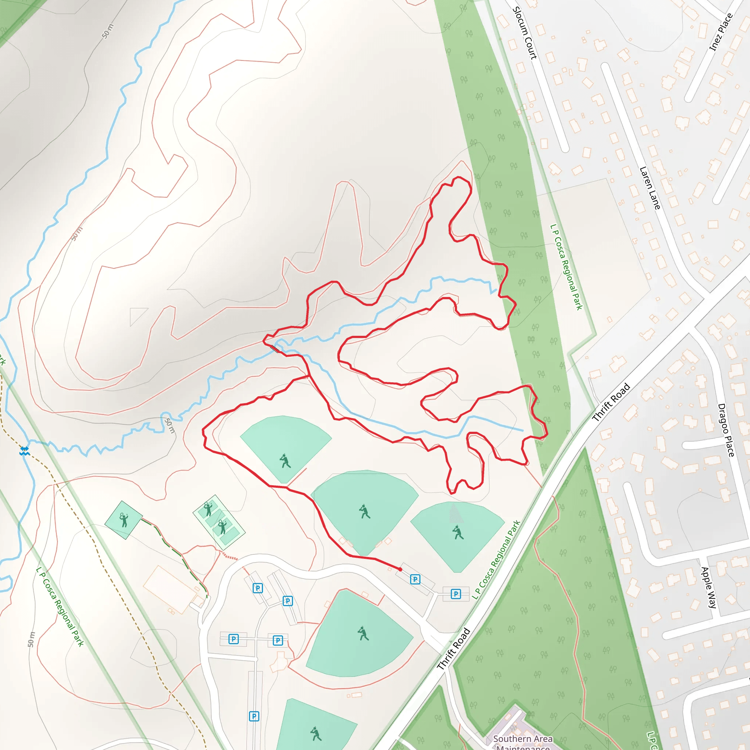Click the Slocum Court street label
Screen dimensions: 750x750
pos(524,33)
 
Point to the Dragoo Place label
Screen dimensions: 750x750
pos(726,430)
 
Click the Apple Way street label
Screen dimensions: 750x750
pos(709,587)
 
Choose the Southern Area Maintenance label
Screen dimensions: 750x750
pos(523,742)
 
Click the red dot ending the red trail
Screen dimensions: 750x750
pos(400,569)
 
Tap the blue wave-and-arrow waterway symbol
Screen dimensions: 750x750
pos(25,451)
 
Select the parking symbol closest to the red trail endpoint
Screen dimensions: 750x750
pos(415,580)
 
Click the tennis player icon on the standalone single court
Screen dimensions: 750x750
pos(123,520)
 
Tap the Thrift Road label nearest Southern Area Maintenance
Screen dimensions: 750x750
pos(453,649)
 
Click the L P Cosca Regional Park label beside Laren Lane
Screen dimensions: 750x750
pos(567,267)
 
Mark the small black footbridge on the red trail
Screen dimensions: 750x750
pos(275,349)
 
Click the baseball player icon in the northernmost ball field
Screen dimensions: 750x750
pos(285,461)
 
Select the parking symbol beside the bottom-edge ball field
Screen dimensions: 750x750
pos(254,716)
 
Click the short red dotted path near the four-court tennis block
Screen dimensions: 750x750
pos(230,557)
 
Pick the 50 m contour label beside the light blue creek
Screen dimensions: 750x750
pos(170,426)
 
